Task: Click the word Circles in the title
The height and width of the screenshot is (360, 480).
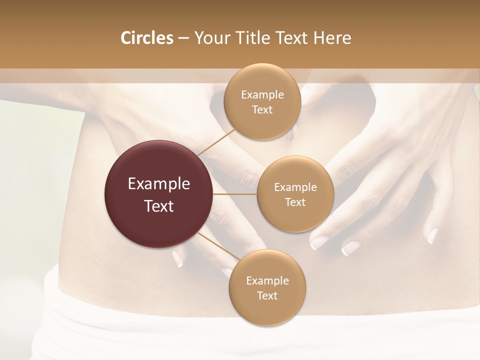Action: coord(146,38)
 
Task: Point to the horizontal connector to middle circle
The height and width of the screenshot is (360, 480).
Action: coord(234,194)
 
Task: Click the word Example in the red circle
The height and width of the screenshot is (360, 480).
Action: coord(159,184)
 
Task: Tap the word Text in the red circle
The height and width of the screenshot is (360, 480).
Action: coord(159,206)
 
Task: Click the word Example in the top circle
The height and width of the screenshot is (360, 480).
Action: coord(262,95)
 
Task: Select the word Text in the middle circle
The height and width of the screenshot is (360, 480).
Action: coord(295,202)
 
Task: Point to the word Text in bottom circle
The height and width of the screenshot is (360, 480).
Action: coord(267,295)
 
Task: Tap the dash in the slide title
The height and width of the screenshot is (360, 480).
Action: coord(183,38)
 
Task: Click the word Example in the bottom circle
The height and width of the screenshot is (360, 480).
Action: coord(267,280)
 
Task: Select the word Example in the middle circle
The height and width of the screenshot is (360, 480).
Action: coord(295,187)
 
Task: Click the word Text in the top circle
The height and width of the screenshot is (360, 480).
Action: coord(262,109)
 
